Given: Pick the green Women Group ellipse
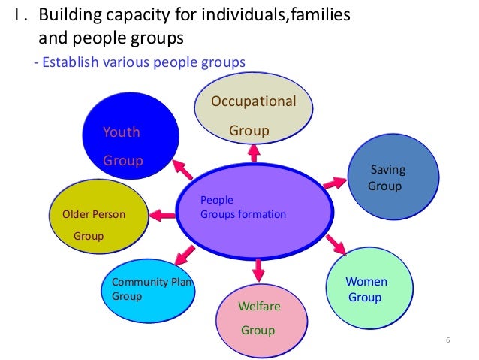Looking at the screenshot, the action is click(369, 289).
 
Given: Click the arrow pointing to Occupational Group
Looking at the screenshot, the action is click(253, 153).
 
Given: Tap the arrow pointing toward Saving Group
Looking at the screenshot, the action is click(334, 182).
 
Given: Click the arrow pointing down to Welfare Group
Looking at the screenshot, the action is click(259, 268).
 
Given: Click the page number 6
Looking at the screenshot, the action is click(447, 343).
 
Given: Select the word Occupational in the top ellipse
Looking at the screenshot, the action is click(254, 101).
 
